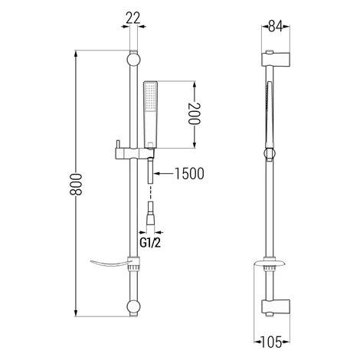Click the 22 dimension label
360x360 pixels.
tap(133, 18)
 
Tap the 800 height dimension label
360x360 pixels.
tap(76, 185)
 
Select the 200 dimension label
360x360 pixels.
tap(195, 113)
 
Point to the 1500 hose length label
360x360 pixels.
tap(189, 174)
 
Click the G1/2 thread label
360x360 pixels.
tap(150, 243)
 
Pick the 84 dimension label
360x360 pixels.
tap(276, 26)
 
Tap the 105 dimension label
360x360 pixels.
tap(271, 342)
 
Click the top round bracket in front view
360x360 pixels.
tap(133, 60)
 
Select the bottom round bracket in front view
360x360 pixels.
tap(133, 307)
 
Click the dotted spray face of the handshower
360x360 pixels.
tap(150, 97)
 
